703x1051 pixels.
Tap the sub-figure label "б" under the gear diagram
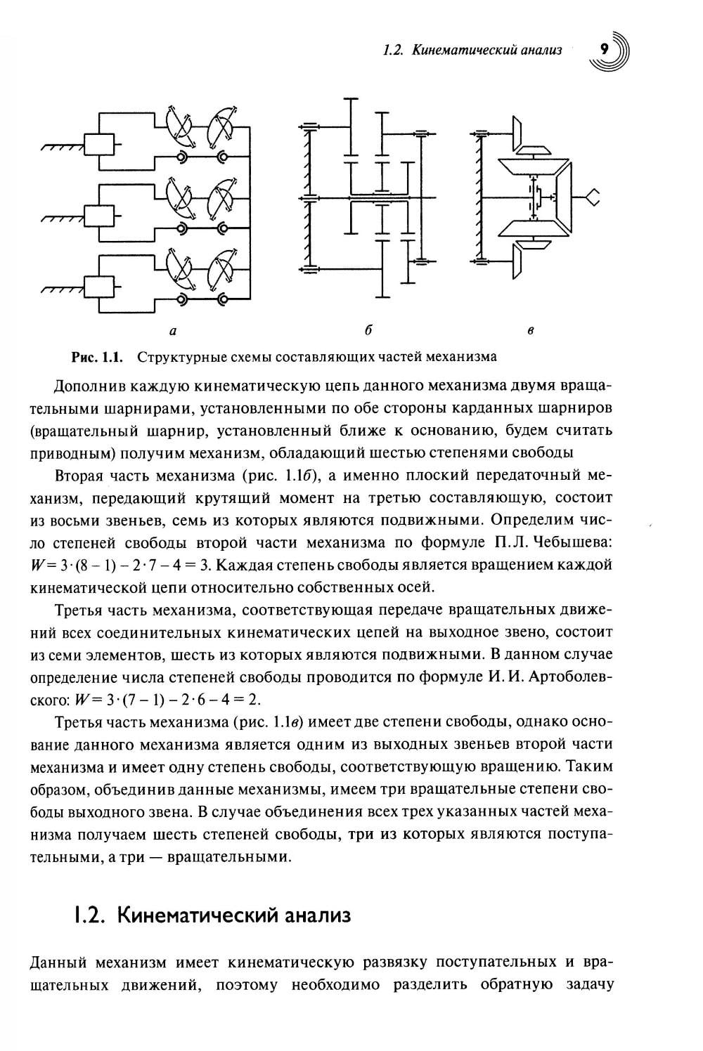tap(368, 329)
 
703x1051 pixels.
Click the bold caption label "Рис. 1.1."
tap(98, 357)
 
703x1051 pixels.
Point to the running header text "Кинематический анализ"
tap(486, 51)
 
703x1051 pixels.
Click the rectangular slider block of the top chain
tap(98, 145)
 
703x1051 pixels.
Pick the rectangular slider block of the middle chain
tap(98, 216)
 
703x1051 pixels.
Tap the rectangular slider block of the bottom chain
tap(98, 286)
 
